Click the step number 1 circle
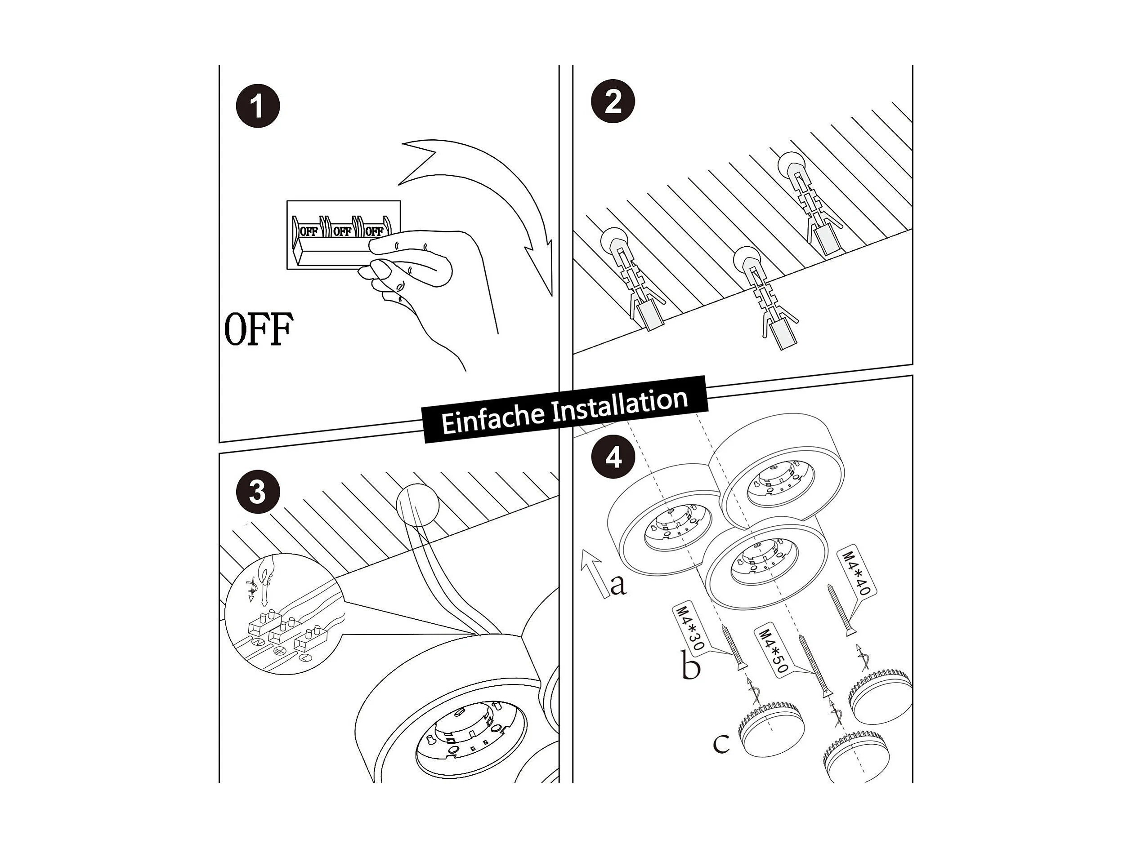pyautogui.click(x=257, y=107)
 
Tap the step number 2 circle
pyautogui.click(x=613, y=101)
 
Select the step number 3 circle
pyautogui.click(x=257, y=493)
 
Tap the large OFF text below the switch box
pyautogui.click(x=259, y=329)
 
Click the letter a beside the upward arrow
pyautogui.click(x=618, y=585)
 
